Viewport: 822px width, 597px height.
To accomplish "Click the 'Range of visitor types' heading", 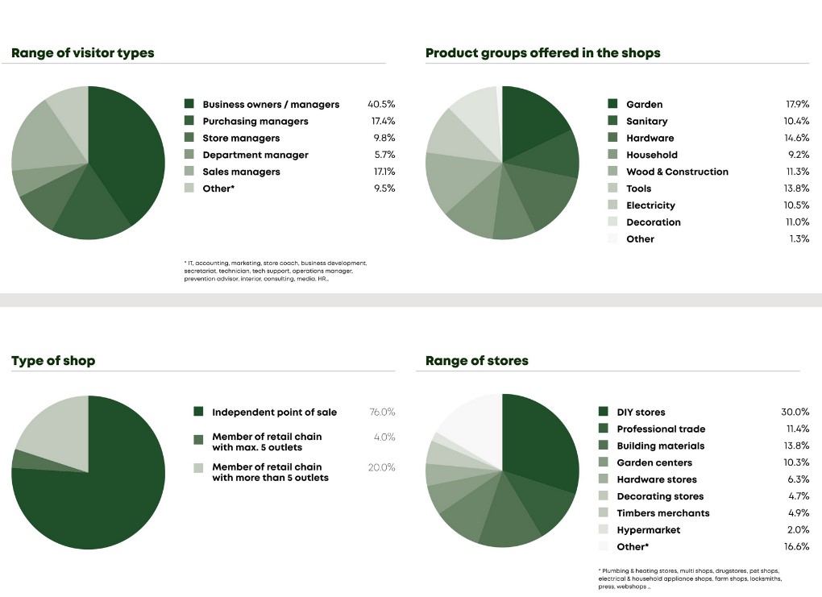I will [x=82, y=53].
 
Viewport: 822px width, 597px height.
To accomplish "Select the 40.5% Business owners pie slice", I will [x=125, y=153].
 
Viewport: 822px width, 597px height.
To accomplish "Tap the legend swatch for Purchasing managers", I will [x=189, y=121].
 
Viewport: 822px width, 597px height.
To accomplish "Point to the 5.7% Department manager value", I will [x=384, y=155].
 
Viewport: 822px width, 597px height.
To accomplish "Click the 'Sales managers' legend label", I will [x=241, y=172].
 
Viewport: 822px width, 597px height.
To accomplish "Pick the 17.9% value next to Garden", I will [x=797, y=104].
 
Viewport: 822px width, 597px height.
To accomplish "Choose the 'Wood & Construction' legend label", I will [x=677, y=172].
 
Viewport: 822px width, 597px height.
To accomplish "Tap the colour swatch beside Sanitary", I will [x=612, y=121].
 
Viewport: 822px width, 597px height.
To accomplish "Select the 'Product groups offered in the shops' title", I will [x=542, y=53].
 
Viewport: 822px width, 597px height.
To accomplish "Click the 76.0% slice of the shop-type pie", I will [x=97, y=500].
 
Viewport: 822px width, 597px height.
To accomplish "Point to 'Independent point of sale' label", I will [x=274, y=413].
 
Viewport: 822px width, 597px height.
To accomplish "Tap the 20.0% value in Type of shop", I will [x=382, y=467].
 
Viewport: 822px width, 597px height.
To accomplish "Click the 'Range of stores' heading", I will [x=476, y=361].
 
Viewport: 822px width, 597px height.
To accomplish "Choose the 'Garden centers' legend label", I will [x=654, y=463].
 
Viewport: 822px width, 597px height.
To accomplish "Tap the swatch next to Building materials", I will [x=604, y=446].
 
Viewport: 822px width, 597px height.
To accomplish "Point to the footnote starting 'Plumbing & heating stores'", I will [x=689, y=578].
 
